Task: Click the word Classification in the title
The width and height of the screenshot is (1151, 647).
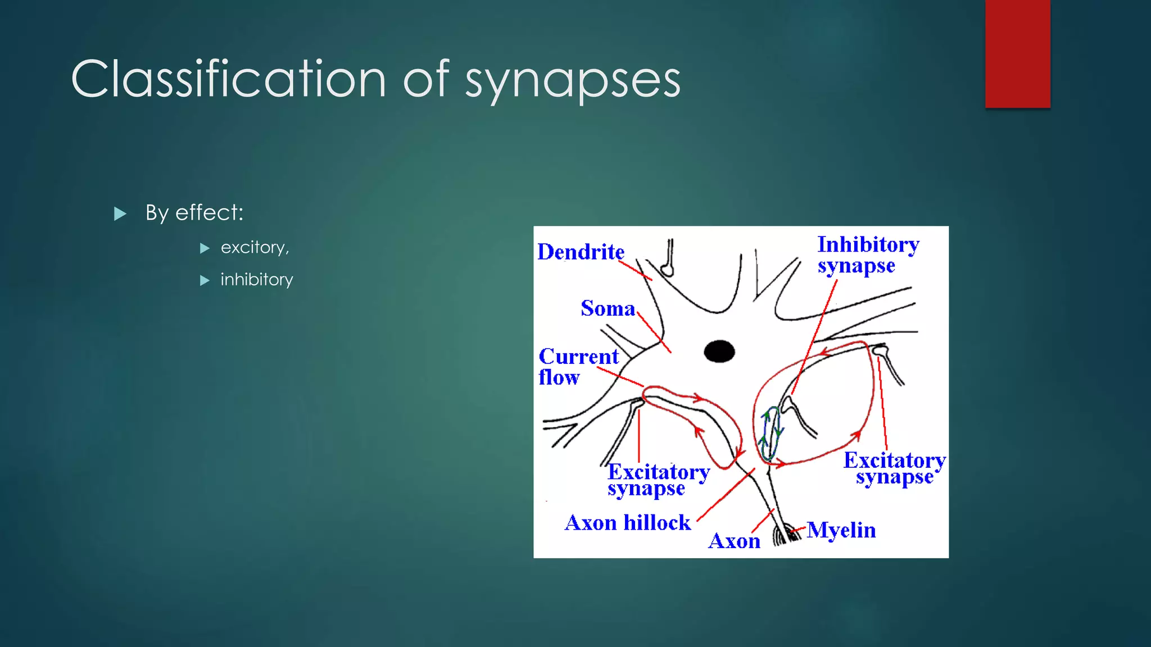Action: pyautogui.click(x=228, y=79)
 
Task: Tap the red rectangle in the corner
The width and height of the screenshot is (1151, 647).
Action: pyautogui.click(x=1017, y=53)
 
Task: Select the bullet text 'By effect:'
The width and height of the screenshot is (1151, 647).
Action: pyautogui.click(x=194, y=213)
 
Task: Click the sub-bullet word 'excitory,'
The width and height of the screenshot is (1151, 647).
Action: pyautogui.click(x=255, y=248)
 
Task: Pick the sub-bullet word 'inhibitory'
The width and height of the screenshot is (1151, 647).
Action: pyautogui.click(x=256, y=280)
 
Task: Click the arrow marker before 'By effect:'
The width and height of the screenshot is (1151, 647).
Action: pyautogui.click(x=120, y=214)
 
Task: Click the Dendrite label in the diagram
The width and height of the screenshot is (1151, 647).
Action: pyautogui.click(x=581, y=252)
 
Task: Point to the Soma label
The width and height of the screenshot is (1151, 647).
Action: pyautogui.click(x=607, y=308)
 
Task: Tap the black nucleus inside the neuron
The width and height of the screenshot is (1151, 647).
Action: pyautogui.click(x=719, y=352)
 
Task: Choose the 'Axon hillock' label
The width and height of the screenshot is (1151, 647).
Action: pyautogui.click(x=627, y=523)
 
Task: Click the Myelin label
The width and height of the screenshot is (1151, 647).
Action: pyautogui.click(x=841, y=530)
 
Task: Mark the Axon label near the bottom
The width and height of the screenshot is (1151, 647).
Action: pyautogui.click(x=734, y=541)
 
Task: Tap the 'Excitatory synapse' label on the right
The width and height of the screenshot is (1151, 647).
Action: pyautogui.click(x=894, y=468)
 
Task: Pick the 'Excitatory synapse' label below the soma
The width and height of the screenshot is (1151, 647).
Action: pyautogui.click(x=658, y=480)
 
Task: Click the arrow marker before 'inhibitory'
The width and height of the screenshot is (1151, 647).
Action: pyautogui.click(x=205, y=280)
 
